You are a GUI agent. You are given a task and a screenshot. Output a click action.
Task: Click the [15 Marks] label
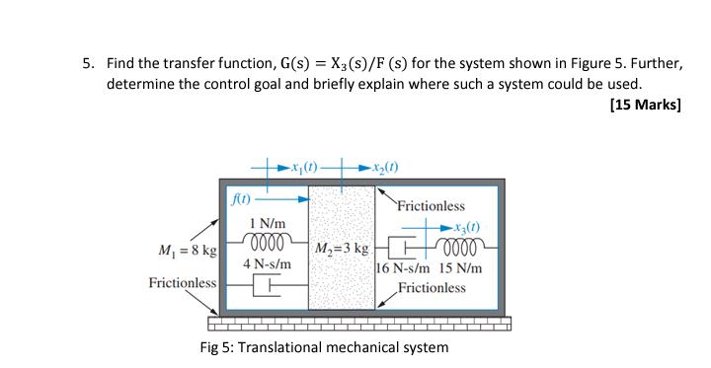coord(646,107)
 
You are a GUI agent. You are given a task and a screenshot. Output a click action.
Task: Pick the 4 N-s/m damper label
coord(267,264)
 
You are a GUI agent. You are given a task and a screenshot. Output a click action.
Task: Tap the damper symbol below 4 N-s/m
coord(263,287)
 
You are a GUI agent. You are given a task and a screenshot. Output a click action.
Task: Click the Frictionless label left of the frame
coord(182,283)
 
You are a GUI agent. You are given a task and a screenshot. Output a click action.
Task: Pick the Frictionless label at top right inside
coord(431,206)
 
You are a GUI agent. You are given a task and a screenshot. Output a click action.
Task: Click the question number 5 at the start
coord(87,64)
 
